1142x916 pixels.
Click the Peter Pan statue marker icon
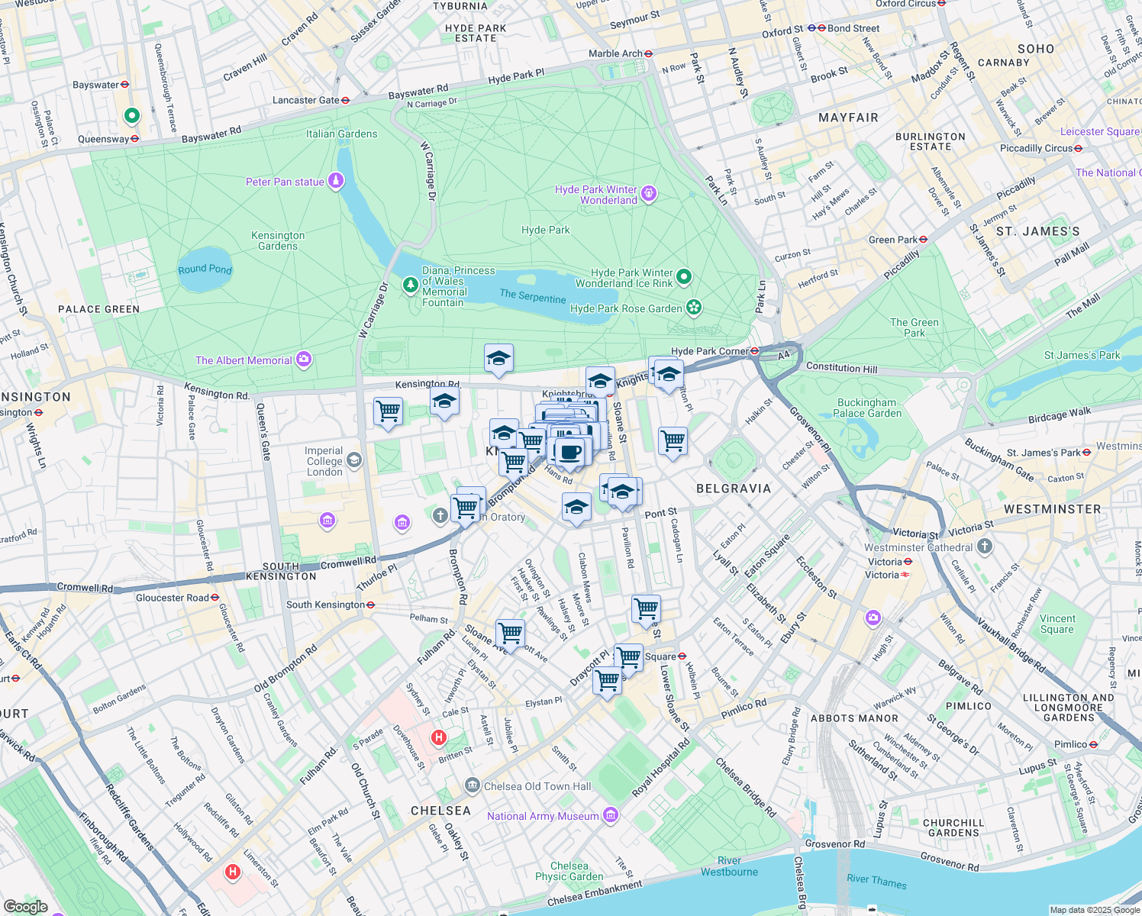click(x=336, y=181)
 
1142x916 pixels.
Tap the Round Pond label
click(x=205, y=269)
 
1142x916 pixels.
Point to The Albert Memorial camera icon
click(x=304, y=360)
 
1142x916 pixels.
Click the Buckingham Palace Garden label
click(x=867, y=408)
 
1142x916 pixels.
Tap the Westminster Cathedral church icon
click(x=985, y=547)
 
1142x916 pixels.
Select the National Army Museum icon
click(x=611, y=816)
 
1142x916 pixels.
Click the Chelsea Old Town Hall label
click(x=537, y=786)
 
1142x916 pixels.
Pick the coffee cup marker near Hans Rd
click(x=569, y=451)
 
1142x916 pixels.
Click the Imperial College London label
click(x=324, y=461)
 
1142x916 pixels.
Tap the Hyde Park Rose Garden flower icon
click(x=694, y=308)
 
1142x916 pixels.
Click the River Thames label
click(x=876, y=881)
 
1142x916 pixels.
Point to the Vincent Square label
click(x=1057, y=624)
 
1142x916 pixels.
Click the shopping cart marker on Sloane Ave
click(x=510, y=633)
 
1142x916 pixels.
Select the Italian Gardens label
click(x=341, y=134)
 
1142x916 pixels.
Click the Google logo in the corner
click(x=25, y=906)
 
